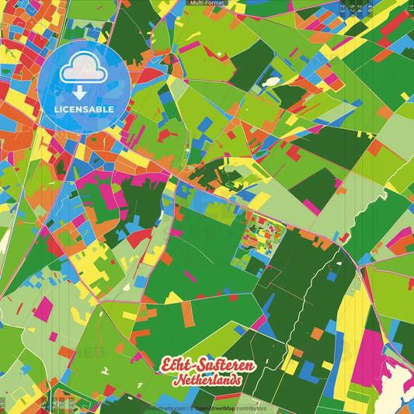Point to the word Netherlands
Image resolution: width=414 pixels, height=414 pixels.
[x=207, y=381]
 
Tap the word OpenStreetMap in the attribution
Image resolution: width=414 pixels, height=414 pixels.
[x=216, y=408]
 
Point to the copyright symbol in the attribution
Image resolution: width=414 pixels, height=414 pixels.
[x=191, y=408]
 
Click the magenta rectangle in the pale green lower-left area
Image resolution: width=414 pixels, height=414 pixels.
[x=43, y=308]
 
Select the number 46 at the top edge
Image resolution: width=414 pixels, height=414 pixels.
[x=370, y=8]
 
